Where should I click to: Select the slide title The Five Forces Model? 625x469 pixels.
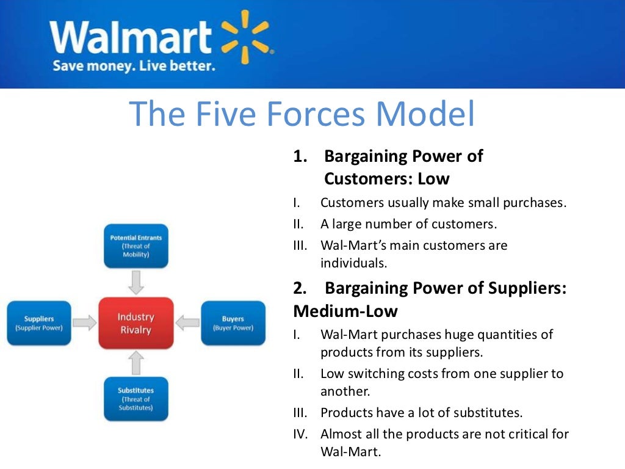click(x=302, y=114)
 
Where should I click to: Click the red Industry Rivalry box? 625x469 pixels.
click(x=135, y=323)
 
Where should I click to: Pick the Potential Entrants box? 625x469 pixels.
click(x=135, y=245)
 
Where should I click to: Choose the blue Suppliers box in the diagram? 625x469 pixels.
click(x=39, y=323)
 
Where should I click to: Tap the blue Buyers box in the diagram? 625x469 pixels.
click(x=233, y=323)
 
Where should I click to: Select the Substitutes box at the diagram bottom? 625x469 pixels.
click(x=135, y=399)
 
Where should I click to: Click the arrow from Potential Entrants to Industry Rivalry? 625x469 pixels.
click(x=136, y=282)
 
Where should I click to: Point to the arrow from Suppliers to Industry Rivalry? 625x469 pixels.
click(x=85, y=323)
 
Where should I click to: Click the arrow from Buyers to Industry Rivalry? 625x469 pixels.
click(x=187, y=323)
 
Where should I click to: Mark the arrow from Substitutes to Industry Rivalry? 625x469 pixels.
click(x=136, y=363)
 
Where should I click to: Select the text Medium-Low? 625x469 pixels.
click(x=345, y=311)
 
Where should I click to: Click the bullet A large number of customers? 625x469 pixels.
click(x=408, y=224)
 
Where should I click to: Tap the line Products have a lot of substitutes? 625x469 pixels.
click(x=421, y=412)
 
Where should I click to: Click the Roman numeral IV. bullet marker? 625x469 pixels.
click(x=301, y=434)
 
